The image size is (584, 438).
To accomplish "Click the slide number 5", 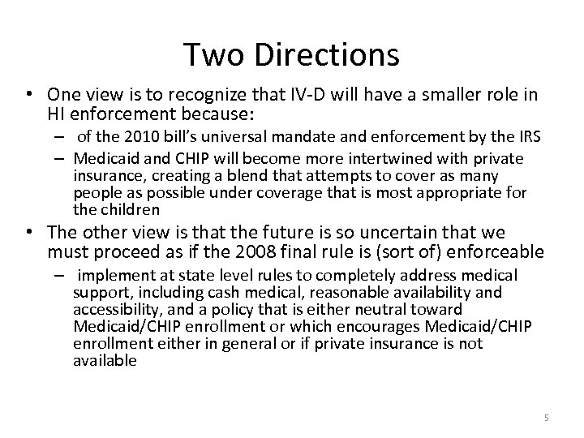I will click(x=546, y=418).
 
